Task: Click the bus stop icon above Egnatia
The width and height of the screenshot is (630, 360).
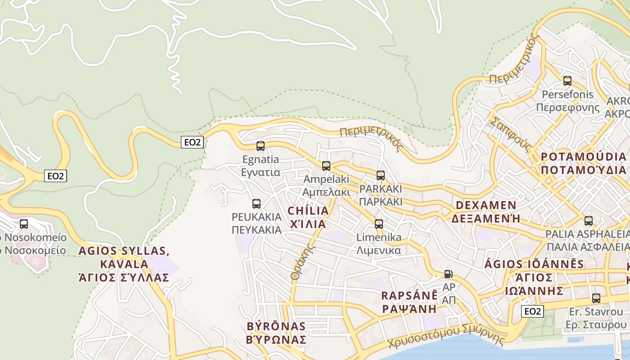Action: pos(261,146)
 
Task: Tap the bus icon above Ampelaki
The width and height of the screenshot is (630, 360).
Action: pos(326,166)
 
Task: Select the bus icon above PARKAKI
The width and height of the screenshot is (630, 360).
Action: pos(381,175)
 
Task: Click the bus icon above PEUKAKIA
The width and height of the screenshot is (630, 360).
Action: pos(256,203)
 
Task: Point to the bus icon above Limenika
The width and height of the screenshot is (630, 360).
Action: pos(379,224)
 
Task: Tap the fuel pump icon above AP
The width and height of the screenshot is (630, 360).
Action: pos(449,274)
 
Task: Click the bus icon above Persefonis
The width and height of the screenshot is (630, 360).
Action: pos(567,81)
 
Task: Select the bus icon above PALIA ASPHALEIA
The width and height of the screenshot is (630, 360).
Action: pos(589,220)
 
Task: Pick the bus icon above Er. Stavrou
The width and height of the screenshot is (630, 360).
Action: pos(596,298)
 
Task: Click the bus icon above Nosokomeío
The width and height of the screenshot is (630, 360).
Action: pos(24,224)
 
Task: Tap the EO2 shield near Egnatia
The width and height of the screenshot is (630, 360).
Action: pos(192,142)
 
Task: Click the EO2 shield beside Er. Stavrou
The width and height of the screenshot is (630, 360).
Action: pos(532,311)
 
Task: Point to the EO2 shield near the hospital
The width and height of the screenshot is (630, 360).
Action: pos(56,176)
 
